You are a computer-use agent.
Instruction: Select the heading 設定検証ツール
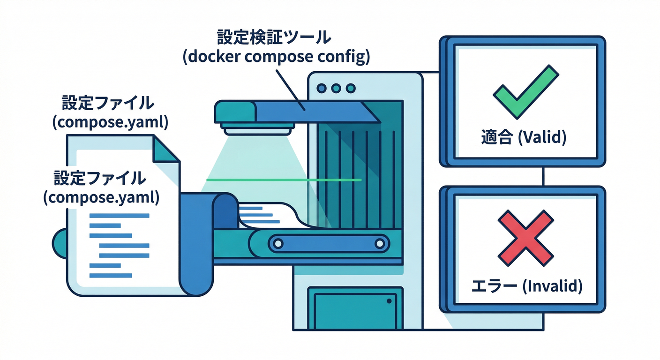click(x=274, y=37)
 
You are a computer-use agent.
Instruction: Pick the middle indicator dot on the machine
click(x=336, y=88)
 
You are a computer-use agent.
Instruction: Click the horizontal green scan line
click(x=284, y=180)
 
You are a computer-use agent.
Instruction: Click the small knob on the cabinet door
click(x=389, y=301)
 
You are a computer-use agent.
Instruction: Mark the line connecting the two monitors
click(x=543, y=176)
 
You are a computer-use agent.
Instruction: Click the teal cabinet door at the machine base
click(x=354, y=309)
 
